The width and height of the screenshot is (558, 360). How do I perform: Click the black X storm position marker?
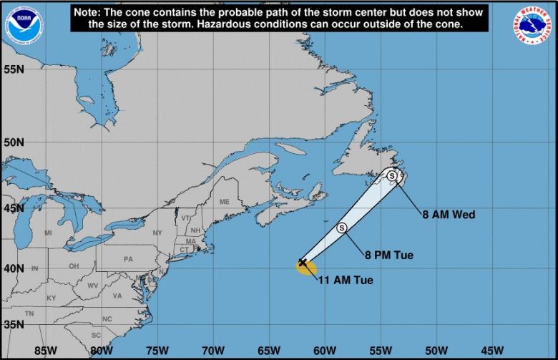click(x=303, y=263)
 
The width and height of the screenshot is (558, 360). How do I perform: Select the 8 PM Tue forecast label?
click(x=388, y=255)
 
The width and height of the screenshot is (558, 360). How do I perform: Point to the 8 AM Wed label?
click(x=448, y=214)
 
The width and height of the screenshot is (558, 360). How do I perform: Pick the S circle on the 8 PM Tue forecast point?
click(x=342, y=228)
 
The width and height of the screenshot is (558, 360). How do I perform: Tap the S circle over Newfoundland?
click(x=392, y=175)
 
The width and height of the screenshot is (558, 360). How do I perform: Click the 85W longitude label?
click(x=45, y=351)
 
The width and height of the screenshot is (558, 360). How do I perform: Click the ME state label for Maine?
click(x=225, y=202)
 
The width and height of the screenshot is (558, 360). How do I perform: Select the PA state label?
click(x=129, y=259)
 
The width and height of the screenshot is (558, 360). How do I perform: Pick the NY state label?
click(x=157, y=233)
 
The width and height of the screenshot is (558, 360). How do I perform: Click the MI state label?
click(x=48, y=233)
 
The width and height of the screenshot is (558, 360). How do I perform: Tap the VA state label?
click(x=117, y=296)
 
